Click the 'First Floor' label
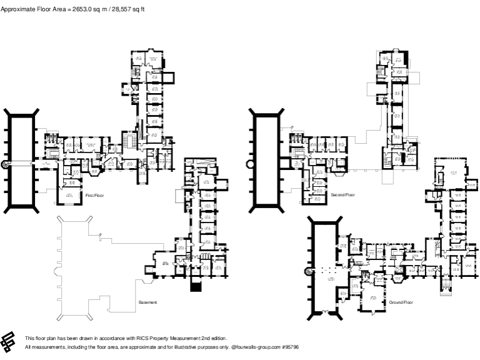pyautogui.click(x=95, y=196)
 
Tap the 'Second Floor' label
pyautogui.click(x=342, y=196)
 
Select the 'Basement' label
pyautogui.click(x=147, y=302)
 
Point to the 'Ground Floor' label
pyautogui.click(x=401, y=302)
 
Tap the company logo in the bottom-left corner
pyautogui.click(x=9, y=342)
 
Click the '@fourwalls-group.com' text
pyautogui.click(x=254, y=346)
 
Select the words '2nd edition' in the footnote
pyautogui.click(x=213, y=338)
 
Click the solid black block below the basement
pyautogui.click(x=196, y=287)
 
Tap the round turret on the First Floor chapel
pyautogui.click(x=6, y=164)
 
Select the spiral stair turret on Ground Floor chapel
pyautogui.click(x=307, y=271)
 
